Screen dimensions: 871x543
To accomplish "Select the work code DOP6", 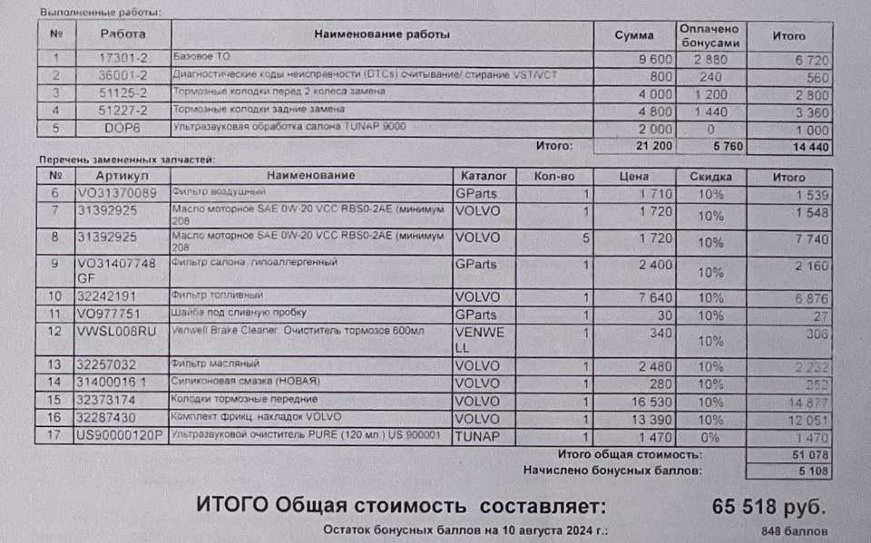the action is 122,127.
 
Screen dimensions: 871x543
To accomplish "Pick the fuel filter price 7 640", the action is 652,296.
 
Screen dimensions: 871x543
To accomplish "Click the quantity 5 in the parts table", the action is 586,239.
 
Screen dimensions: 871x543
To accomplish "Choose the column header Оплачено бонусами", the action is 710,35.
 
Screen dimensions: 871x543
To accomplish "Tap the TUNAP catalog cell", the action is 476,436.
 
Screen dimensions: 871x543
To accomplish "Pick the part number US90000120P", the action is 119,436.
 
